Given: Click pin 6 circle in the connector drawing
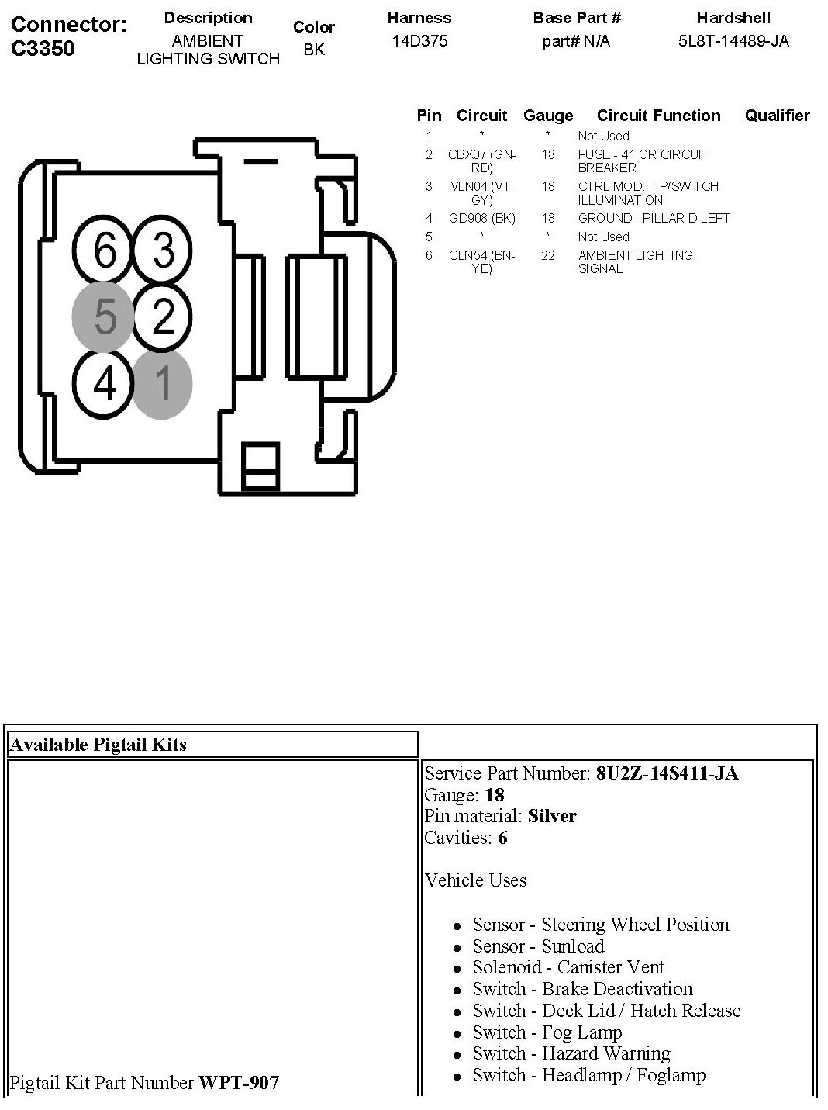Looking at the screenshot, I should point(105,251).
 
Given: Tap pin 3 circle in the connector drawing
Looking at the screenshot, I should point(164,251).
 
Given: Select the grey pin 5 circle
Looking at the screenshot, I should point(105,317).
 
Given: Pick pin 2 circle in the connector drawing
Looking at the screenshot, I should point(164,317).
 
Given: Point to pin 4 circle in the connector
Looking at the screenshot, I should point(105,383).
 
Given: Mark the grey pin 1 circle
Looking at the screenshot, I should point(163,383).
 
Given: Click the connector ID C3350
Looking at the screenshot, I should point(43,49).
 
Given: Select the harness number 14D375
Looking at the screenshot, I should point(419,41).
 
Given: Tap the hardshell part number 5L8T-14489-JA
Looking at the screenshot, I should point(733,41).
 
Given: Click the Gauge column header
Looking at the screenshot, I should point(548,116).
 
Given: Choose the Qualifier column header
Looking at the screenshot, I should point(777,116).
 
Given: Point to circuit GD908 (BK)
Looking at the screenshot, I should point(481,218).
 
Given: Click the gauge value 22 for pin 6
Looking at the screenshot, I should point(548,255).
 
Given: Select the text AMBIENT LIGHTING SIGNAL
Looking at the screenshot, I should point(635,261).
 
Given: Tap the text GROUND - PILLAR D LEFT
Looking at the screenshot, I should point(654,218).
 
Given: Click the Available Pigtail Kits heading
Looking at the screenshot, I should point(98,745).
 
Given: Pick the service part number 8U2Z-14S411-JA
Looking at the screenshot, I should point(667,773).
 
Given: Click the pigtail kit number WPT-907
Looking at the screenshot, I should point(239,1082).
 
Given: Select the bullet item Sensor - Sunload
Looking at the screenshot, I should point(538,946).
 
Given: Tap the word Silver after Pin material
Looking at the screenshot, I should point(552,816).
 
